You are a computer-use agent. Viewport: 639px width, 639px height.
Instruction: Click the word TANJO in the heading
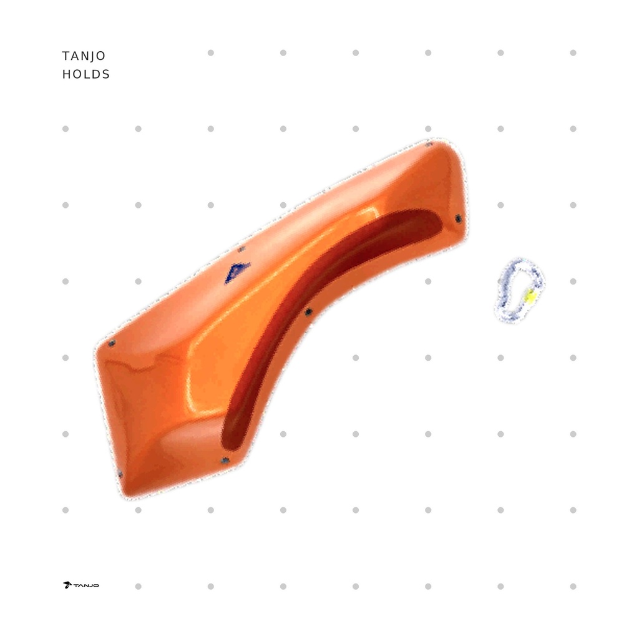click(x=84, y=56)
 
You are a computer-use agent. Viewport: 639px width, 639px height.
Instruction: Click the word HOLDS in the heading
click(x=86, y=75)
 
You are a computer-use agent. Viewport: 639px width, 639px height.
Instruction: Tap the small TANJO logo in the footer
click(x=80, y=585)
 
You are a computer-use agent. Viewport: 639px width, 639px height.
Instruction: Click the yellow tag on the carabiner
click(x=530, y=297)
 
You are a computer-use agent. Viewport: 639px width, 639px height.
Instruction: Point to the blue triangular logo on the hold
click(x=237, y=272)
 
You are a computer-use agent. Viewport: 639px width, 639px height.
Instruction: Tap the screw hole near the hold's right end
click(x=458, y=219)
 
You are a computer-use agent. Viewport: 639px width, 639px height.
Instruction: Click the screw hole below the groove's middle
click(x=308, y=312)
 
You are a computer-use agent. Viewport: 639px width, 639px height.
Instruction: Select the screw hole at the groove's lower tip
click(x=225, y=461)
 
